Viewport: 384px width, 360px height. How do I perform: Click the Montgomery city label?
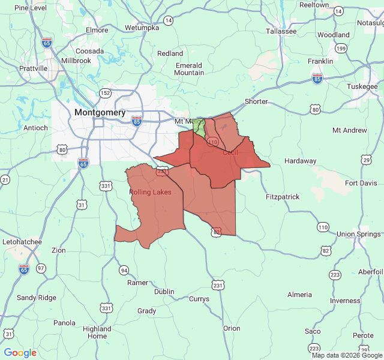click(100, 112)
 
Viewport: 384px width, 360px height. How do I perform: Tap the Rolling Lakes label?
click(150, 192)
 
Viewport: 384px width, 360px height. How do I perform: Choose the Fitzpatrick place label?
click(282, 197)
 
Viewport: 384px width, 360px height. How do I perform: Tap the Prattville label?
click(33, 68)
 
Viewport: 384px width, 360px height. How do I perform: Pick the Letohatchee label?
click(22, 242)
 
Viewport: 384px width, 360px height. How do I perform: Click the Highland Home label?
click(97, 332)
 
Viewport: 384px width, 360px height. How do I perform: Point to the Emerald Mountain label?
click(189, 69)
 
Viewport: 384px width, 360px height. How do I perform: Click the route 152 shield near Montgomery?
click(106, 92)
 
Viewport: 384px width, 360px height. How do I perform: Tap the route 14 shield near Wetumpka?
click(169, 20)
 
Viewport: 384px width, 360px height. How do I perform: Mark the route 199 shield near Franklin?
click(341, 48)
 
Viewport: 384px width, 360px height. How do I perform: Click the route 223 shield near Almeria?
click(335, 275)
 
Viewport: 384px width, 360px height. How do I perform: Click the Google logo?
click(20, 353)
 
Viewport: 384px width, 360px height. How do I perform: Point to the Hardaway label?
click(300, 161)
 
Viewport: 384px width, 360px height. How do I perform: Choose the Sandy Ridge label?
click(36, 298)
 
